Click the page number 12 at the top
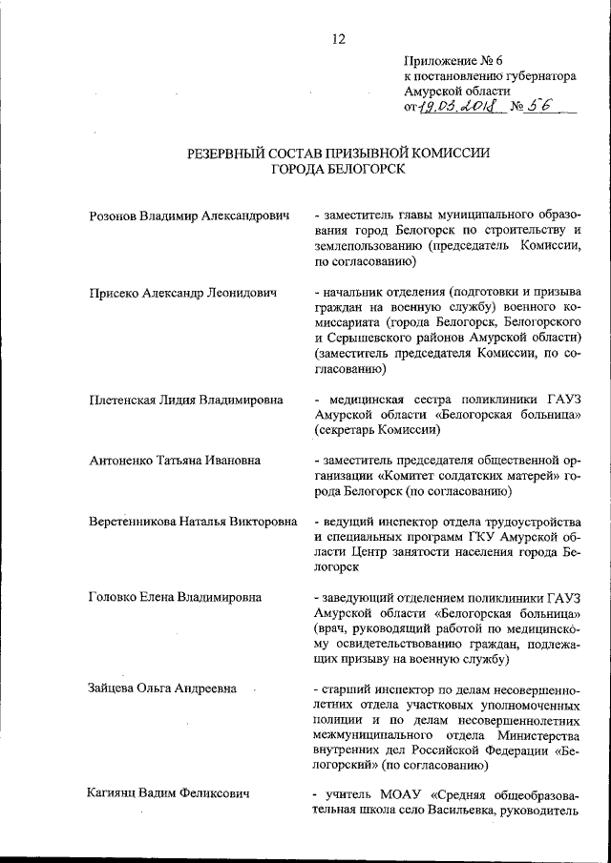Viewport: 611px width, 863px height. [337, 39]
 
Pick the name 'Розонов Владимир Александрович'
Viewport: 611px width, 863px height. [188, 217]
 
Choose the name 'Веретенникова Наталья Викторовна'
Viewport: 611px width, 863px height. [192, 523]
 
